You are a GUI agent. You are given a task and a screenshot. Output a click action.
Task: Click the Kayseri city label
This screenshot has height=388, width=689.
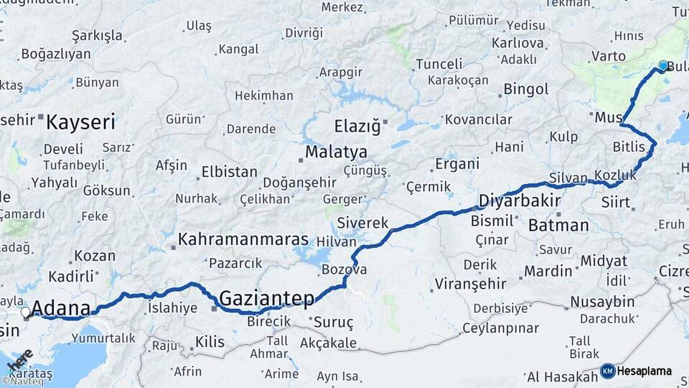(80, 121)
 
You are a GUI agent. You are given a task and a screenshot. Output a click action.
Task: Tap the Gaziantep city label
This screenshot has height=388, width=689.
(266, 297)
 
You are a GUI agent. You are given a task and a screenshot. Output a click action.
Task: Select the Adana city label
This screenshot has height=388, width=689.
(61, 309)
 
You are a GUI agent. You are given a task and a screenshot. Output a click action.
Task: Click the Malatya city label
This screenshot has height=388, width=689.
(336, 152)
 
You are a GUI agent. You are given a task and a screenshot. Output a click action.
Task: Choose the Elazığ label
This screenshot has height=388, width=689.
(357, 126)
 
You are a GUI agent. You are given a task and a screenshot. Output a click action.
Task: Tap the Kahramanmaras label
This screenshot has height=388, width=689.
(243, 239)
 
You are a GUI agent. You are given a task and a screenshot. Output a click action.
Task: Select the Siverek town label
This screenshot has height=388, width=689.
(362, 223)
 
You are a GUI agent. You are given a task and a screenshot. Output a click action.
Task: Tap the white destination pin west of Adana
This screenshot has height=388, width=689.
(26, 313)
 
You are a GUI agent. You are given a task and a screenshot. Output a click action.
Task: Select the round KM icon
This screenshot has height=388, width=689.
(607, 371)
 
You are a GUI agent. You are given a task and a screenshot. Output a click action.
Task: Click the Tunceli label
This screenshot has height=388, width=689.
(439, 64)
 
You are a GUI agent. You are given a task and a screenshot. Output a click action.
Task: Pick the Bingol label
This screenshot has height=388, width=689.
(526, 89)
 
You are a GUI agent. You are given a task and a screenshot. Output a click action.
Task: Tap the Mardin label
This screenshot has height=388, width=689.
(548, 271)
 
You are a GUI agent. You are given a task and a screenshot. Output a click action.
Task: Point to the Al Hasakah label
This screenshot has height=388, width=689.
(562, 377)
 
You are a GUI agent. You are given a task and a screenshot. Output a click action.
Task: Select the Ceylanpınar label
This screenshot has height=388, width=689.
(500, 328)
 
